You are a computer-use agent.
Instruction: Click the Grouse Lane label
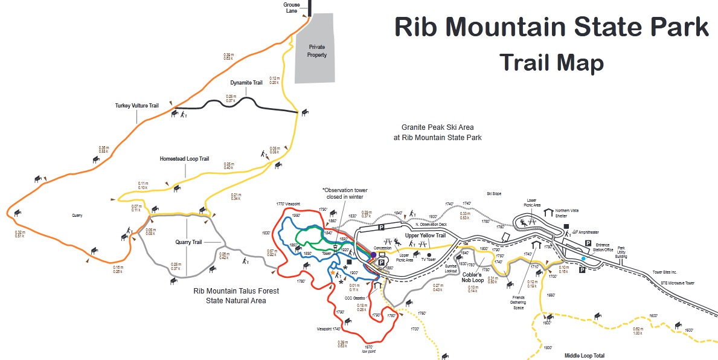click(x=292, y=7)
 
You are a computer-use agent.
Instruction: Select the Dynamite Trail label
click(x=246, y=82)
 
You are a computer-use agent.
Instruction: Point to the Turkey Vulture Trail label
click(x=136, y=106)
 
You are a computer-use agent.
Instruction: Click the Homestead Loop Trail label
click(x=184, y=159)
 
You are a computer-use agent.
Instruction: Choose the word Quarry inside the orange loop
click(x=76, y=215)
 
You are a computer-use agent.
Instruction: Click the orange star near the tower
click(x=332, y=273)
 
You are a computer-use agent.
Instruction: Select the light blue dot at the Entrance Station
click(x=583, y=259)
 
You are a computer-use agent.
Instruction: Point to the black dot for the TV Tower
click(x=429, y=255)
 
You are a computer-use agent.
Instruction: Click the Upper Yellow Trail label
click(x=425, y=236)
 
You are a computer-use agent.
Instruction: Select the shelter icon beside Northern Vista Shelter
click(x=548, y=213)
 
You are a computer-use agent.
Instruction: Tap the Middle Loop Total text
click(x=584, y=356)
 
